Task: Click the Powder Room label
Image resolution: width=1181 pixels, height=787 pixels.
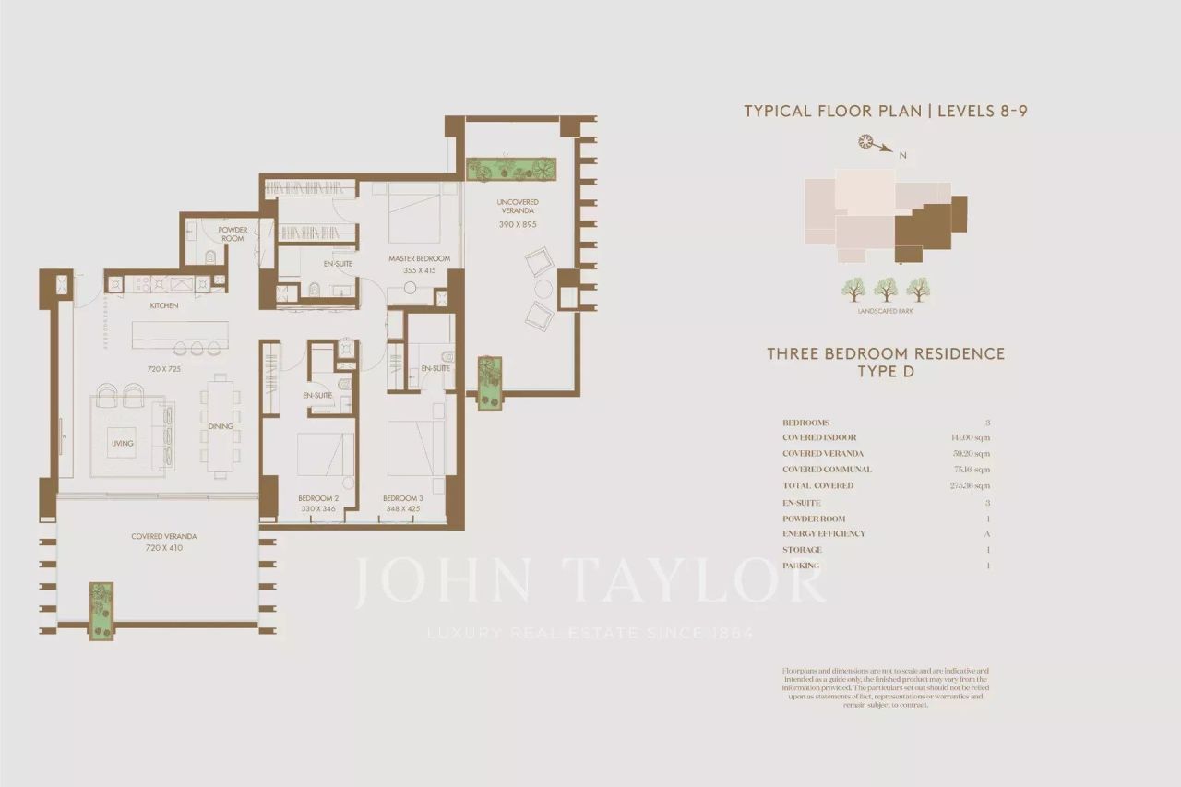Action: pos(232,233)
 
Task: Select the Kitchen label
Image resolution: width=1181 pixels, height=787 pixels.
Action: pos(164,305)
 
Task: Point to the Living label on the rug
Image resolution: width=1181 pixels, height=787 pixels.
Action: pos(123,444)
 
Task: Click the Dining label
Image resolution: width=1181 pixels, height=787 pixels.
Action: pos(220,426)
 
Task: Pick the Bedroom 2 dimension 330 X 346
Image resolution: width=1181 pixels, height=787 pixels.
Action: pos(317,508)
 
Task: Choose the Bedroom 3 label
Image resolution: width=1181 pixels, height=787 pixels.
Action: pos(402,498)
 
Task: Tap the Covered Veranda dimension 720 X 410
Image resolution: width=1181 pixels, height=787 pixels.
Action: pos(163,548)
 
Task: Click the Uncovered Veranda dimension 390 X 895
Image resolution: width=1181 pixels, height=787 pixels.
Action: pos(517,224)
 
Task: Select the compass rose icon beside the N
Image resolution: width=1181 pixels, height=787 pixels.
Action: pos(866,141)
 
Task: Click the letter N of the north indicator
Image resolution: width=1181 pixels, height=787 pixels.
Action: pos(903,156)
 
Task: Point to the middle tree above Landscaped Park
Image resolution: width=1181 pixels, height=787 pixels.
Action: pos(886,290)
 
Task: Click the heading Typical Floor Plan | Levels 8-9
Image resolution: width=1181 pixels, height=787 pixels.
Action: pos(886,112)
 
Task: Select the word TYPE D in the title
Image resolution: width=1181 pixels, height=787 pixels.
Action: pos(886,372)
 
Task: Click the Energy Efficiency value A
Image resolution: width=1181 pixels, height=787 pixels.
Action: pos(987,534)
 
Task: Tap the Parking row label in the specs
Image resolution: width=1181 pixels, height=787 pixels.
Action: pos(801,566)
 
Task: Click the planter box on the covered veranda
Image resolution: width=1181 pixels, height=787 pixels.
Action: pos(101,611)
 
